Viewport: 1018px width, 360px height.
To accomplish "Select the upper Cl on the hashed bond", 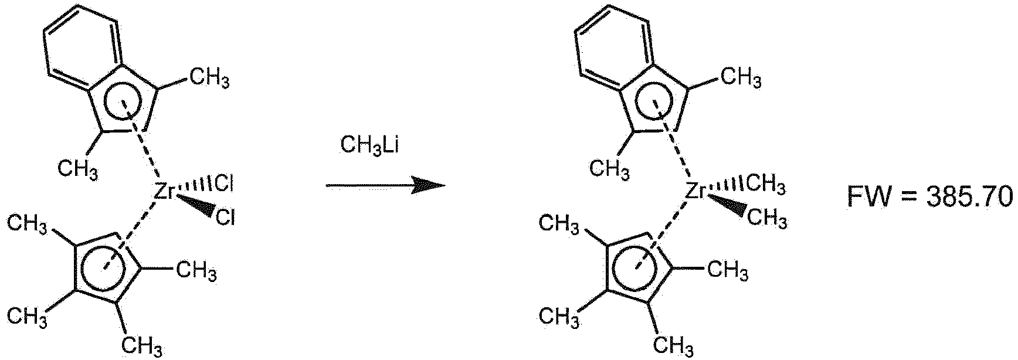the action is click(225, 185).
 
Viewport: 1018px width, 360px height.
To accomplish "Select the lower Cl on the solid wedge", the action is click(225, 219).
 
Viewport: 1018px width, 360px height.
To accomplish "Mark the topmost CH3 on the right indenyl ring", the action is click(742, 78).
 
